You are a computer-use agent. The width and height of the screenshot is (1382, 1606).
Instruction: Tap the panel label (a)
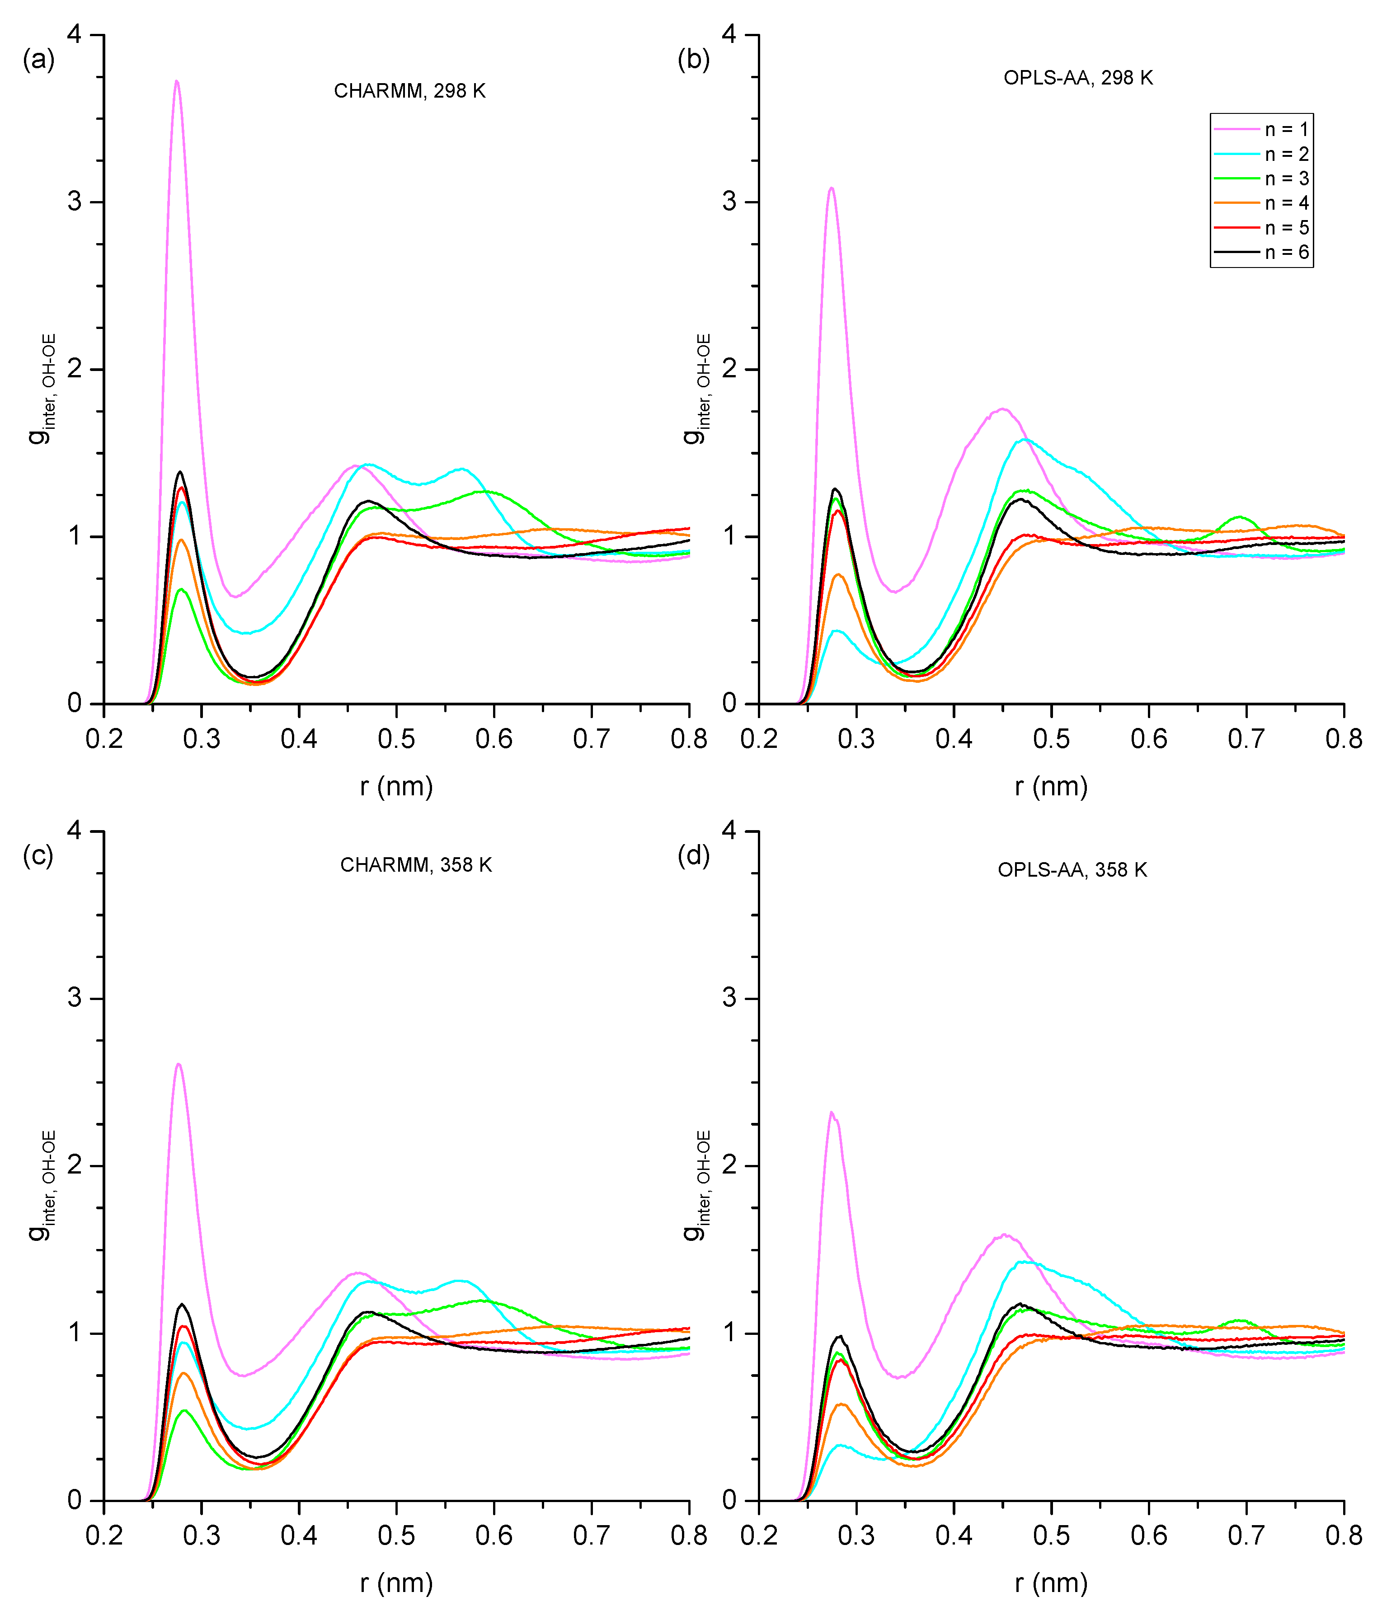39,59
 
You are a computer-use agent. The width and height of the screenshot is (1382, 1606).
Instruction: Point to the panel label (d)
694,856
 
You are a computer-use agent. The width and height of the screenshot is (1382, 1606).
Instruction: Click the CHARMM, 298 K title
409,91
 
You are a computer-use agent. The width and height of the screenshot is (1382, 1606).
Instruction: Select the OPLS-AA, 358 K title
1072,870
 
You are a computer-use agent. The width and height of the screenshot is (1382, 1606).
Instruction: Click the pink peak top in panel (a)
177,81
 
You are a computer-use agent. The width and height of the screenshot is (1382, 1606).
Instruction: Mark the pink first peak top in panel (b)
832,188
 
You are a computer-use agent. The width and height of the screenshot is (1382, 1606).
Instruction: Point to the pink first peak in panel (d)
832,1112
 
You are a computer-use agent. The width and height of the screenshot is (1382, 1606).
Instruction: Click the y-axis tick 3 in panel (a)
75,202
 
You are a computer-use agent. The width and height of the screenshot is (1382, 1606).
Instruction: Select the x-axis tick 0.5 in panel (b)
1051,739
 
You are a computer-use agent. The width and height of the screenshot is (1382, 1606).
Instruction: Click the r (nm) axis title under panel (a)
396,787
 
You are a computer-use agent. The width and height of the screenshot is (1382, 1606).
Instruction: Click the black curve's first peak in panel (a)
181,472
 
